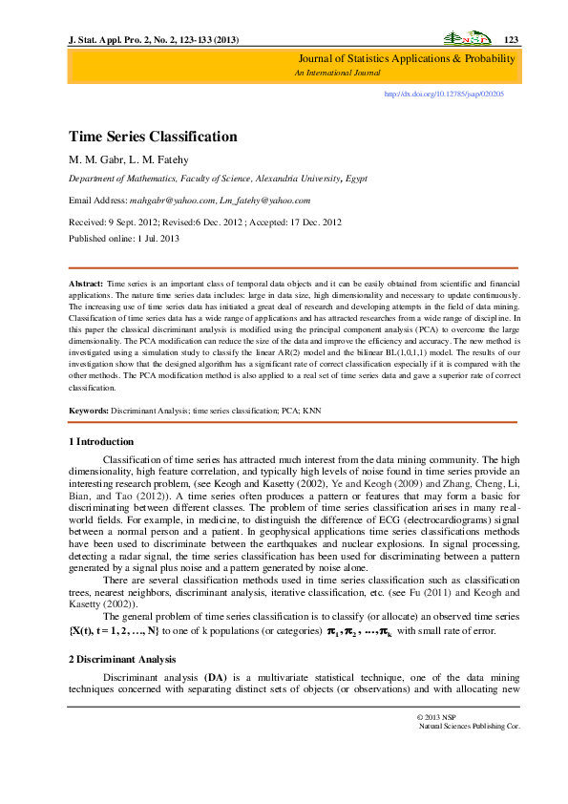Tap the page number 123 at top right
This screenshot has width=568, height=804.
510,39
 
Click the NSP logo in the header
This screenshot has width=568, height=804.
467,39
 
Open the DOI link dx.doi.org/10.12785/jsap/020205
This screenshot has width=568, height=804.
443,95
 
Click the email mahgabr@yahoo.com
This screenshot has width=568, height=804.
167,201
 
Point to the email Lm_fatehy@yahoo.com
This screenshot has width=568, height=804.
263,201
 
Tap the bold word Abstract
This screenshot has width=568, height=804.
86,285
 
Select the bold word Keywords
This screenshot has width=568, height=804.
89,411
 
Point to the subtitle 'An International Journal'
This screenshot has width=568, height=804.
337,73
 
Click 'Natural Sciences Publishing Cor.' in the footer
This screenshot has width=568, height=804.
469,753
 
